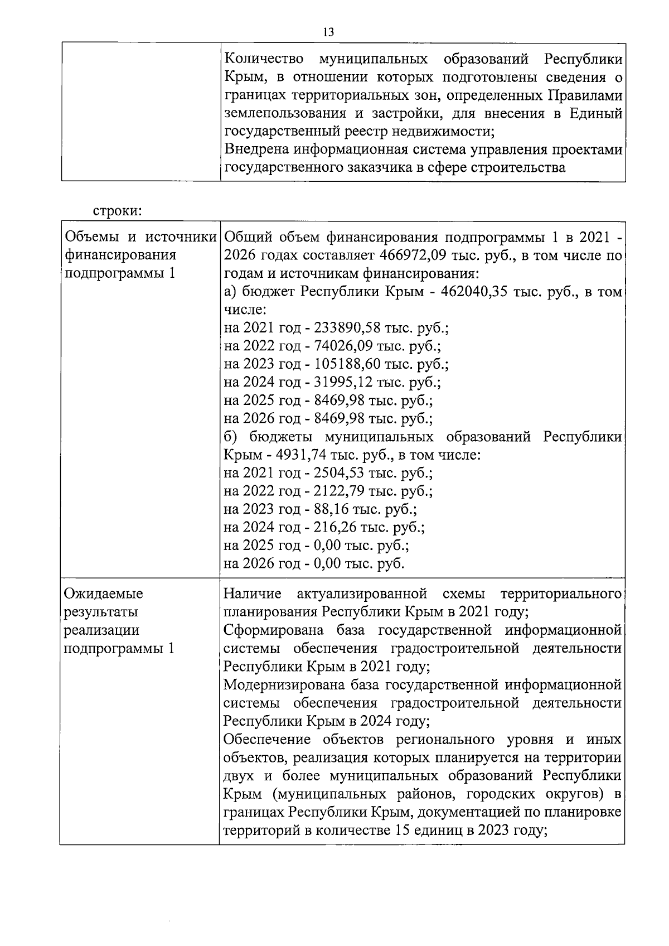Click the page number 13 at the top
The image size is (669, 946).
(328, 32)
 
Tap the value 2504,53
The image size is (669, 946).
(341, 473)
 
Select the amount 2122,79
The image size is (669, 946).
(341, 491)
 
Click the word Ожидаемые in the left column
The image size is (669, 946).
(104, 593)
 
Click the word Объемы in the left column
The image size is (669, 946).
(92, 238)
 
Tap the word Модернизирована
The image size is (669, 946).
(284, 684)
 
